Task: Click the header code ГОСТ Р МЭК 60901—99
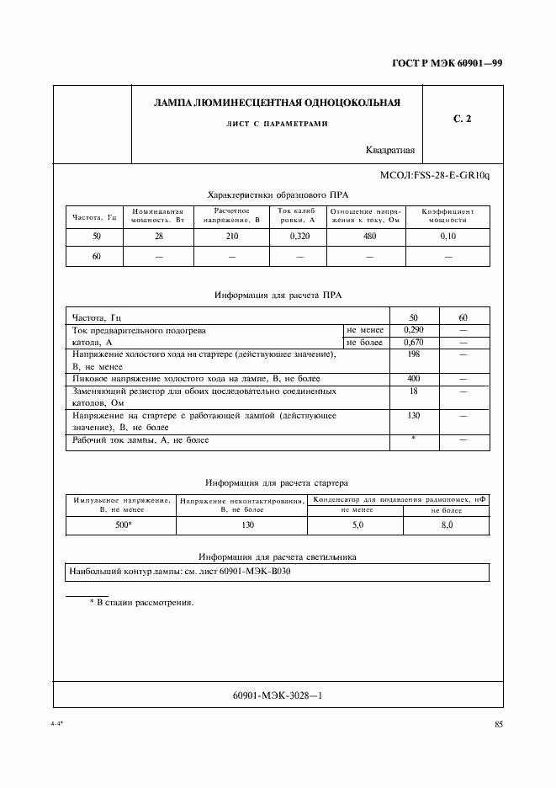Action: (453, 64)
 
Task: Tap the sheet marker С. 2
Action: (462, 120)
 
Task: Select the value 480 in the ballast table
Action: (368, 237)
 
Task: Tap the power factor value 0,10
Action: (447, 237)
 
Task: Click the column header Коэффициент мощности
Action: (447, 216)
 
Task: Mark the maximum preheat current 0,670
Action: (413, 343)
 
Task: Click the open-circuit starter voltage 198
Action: (413, 355)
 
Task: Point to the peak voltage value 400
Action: (413, 380)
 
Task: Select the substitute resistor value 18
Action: (413, 391)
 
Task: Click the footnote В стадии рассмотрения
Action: (141, 603)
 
